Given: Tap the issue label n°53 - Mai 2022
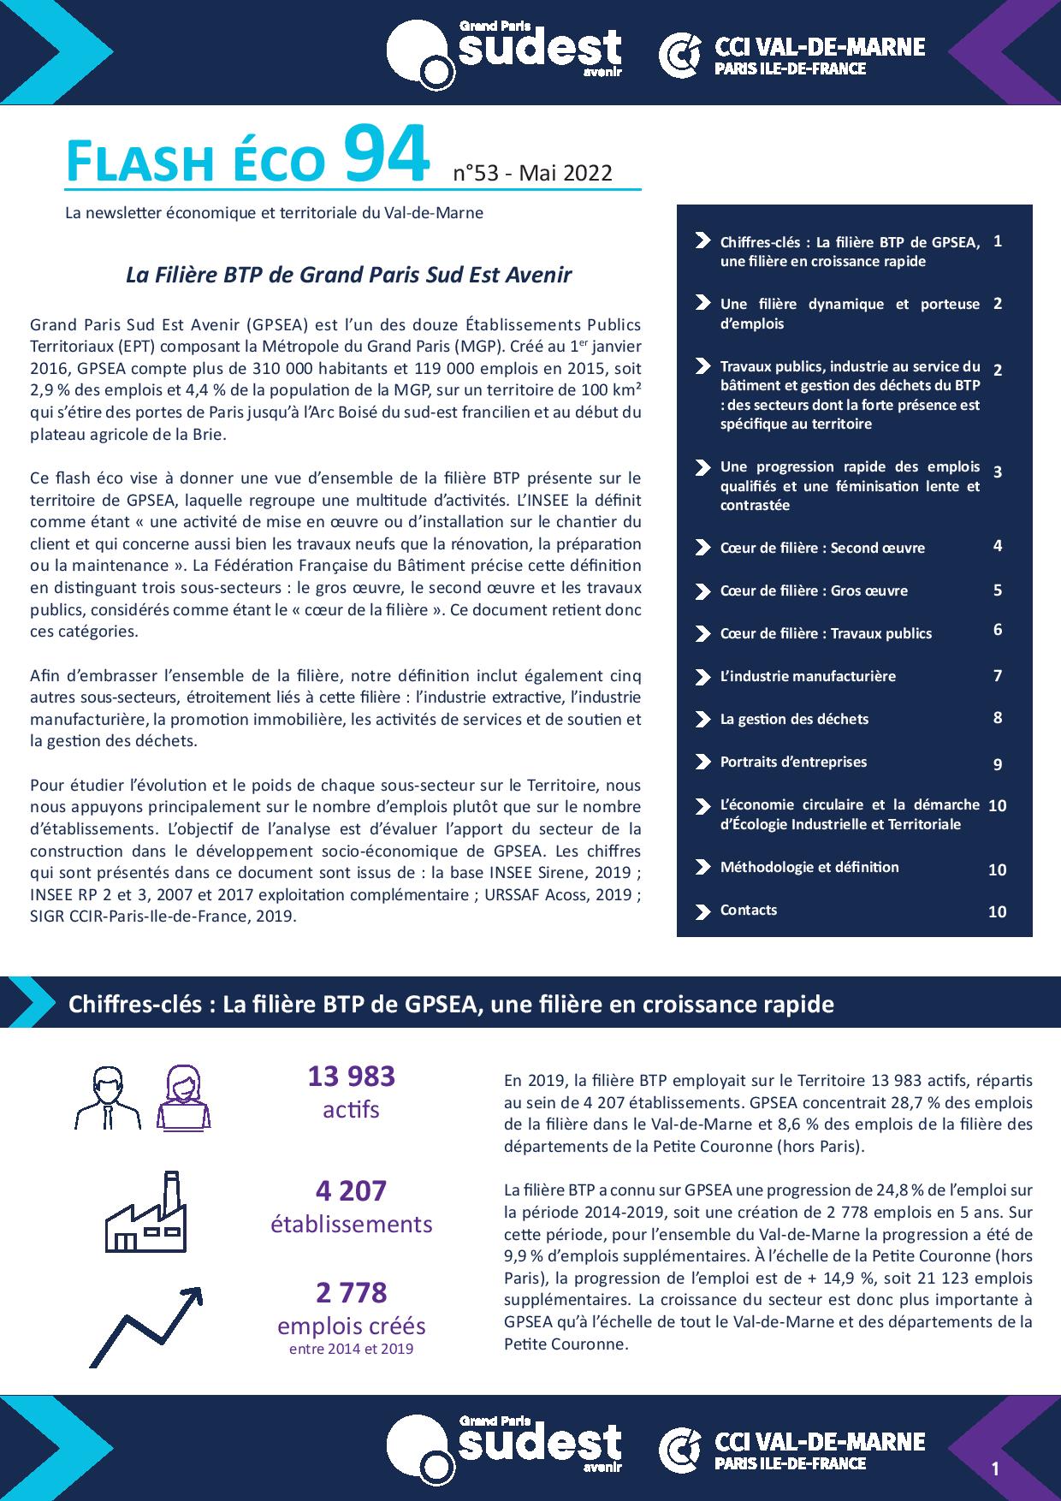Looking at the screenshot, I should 532,173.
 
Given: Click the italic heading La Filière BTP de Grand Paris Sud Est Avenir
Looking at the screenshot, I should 348,275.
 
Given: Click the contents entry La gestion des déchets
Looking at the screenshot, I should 794,719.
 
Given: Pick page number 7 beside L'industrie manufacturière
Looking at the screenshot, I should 998,675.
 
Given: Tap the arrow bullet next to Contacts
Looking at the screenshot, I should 702,911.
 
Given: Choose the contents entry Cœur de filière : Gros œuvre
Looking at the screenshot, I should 814,590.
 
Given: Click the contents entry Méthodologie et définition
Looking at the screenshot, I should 809,867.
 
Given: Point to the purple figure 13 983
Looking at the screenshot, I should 351,1076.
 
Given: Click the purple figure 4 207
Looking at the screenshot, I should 351,1190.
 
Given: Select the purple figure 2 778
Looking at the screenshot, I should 351,1291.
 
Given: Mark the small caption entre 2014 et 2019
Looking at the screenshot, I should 351,1349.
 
